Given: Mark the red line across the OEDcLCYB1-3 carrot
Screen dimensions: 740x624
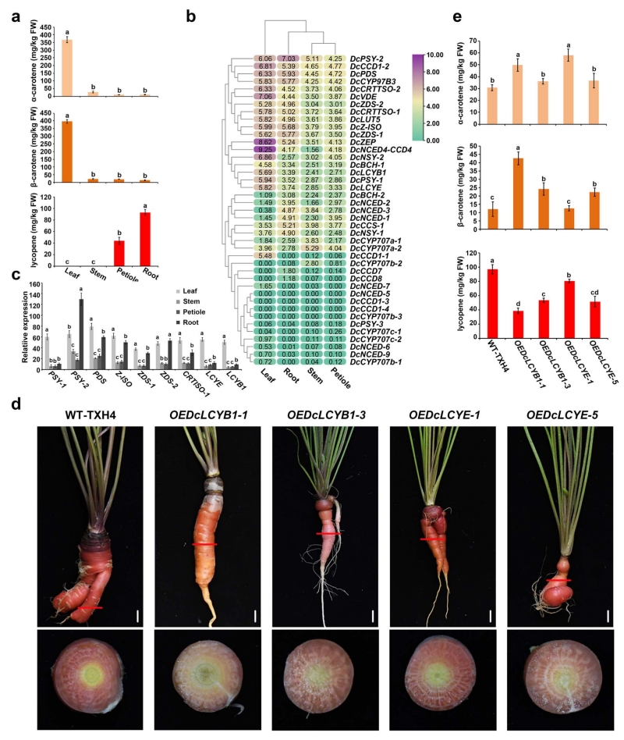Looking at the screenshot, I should (328, 533).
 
